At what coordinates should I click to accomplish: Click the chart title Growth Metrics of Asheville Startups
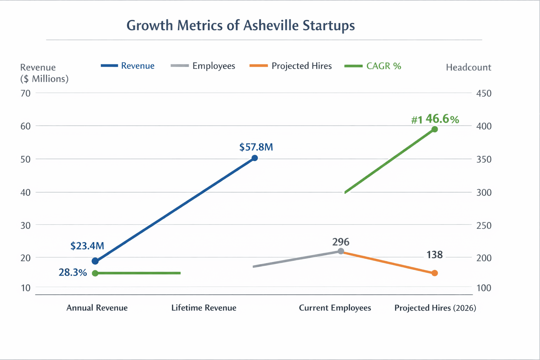click(240, 26)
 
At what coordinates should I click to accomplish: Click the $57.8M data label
click(256, 147)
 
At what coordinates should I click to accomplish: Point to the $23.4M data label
click(87, 246)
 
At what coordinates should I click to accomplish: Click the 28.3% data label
click(73, 272)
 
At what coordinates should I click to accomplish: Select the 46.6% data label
click(442, 119)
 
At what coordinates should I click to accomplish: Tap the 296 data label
click(341, 242)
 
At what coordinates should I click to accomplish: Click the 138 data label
click(435, 255)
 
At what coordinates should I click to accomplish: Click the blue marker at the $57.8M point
click(255, 158)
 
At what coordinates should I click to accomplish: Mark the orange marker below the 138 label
click(435, 273)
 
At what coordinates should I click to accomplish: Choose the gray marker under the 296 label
click(341, 251)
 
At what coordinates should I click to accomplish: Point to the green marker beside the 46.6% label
click(435, 129)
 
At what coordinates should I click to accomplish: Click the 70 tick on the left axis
click(26, 93)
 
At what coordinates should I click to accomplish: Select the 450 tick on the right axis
click(484, 93)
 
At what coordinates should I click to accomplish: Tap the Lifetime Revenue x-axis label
click(204, 308)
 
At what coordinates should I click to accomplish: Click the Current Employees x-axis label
click(335, 308)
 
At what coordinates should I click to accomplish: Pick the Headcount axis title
click(468, 67)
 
